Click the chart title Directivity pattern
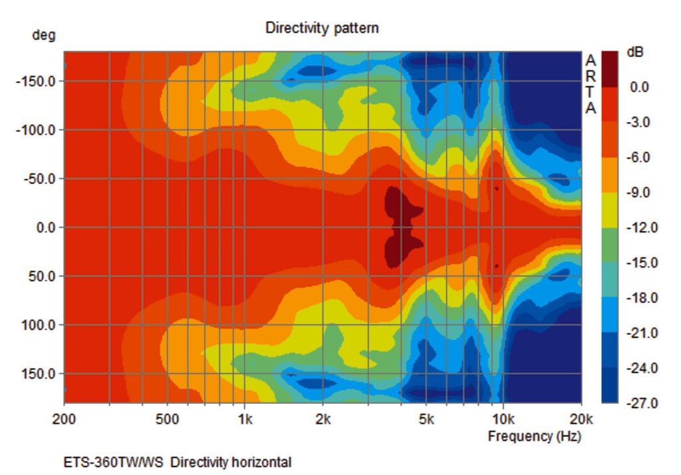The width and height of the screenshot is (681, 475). point(322,28)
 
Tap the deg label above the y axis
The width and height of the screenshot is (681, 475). point(44,36)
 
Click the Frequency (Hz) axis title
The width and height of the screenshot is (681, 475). point(534,436)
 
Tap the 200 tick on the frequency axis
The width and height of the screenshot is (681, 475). point(65,419)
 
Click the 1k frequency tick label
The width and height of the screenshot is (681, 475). point(245,419)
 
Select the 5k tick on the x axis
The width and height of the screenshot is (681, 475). point(426,419)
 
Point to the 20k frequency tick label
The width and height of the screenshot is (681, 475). point(581,419)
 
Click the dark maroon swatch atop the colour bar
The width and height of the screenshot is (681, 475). point(610,68)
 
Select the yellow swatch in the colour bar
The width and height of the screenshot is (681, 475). point(610,210)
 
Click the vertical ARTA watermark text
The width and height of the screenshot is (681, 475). point(591,84)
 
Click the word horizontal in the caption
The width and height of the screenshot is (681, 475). point(261,462)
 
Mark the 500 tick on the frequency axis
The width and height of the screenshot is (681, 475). point(167,419)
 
